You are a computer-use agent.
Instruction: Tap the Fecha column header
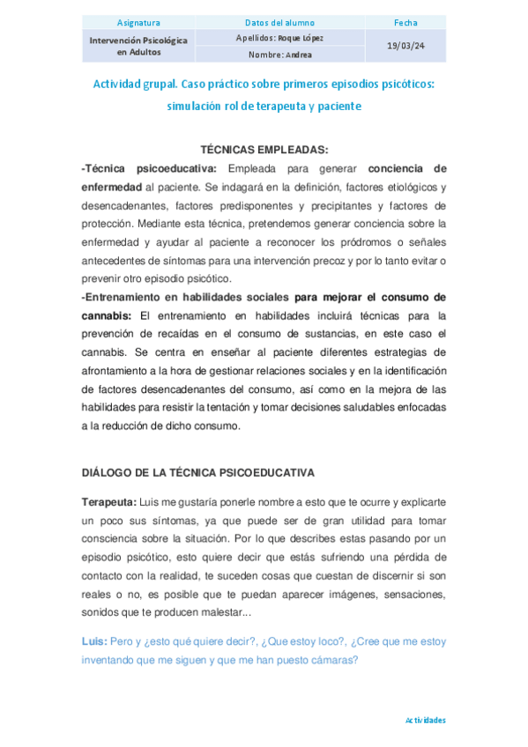(x=405, y=22)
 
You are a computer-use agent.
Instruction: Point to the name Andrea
(x=297, y=54)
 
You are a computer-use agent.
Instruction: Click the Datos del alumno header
(x=280, y=22)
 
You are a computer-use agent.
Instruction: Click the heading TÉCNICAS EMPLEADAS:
(x=264, y=150)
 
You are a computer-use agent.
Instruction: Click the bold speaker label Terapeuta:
(x=108, y=502)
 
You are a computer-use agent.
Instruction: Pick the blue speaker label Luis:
(x=93, y=641)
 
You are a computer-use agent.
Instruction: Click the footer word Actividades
(x=425, y=720)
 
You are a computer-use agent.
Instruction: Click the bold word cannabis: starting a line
(x=105, y=314)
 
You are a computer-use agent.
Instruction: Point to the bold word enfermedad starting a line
(x=111, y=187)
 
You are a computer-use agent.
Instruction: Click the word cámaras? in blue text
(x=331, y=660)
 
